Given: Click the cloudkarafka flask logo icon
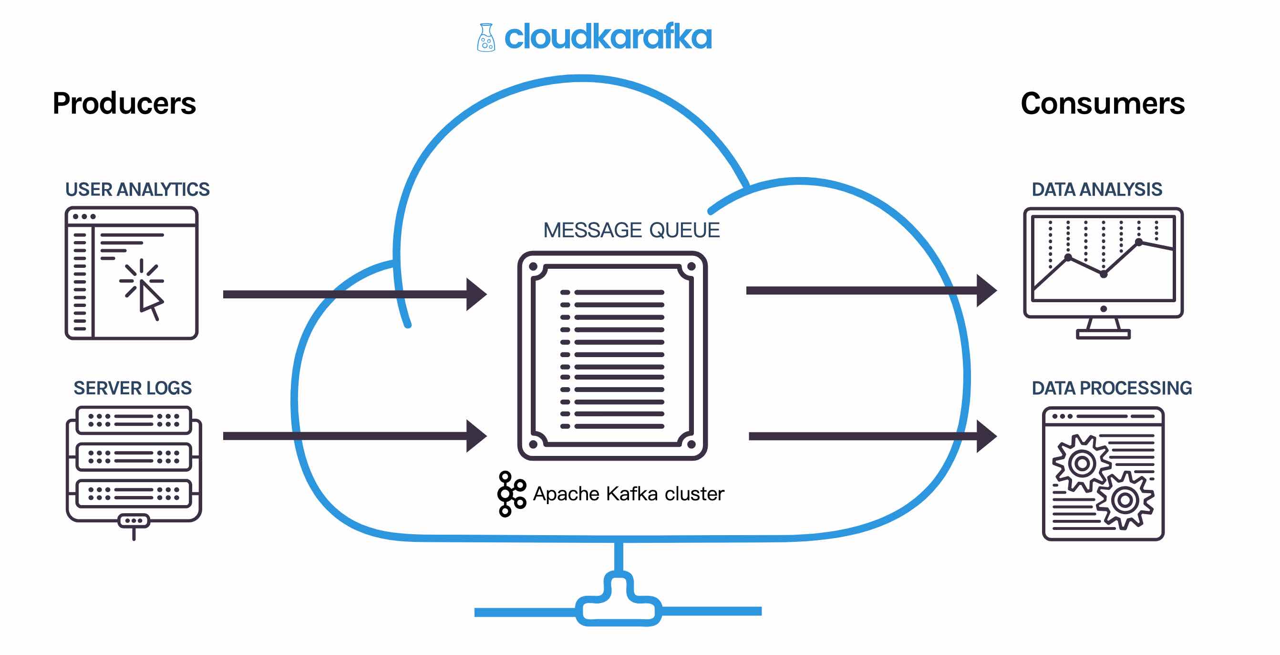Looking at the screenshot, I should click(485, 37).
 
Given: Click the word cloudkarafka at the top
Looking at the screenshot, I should click(608, 37).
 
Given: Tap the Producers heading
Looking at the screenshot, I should click(124, 104).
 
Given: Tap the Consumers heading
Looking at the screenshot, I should click(1102, 104).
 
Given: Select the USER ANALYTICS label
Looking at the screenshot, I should click(137, 190).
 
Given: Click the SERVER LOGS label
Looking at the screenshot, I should click(132, 388).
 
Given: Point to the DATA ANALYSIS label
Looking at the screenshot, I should click(1097, 190).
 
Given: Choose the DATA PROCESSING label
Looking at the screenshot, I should click(1112, 388).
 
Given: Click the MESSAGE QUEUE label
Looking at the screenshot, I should click(631, 230).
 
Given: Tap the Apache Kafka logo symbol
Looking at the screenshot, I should click(511, 494).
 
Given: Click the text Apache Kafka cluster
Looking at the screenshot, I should click(628, 494).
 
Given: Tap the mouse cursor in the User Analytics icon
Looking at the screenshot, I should click(150, 299).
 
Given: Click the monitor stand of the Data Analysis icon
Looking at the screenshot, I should click(1103, 329).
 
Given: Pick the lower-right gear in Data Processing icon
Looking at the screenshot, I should click(1125, 500).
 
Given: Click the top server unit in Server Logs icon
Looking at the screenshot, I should click(133, 420).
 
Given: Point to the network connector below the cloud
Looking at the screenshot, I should click(618, 602).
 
